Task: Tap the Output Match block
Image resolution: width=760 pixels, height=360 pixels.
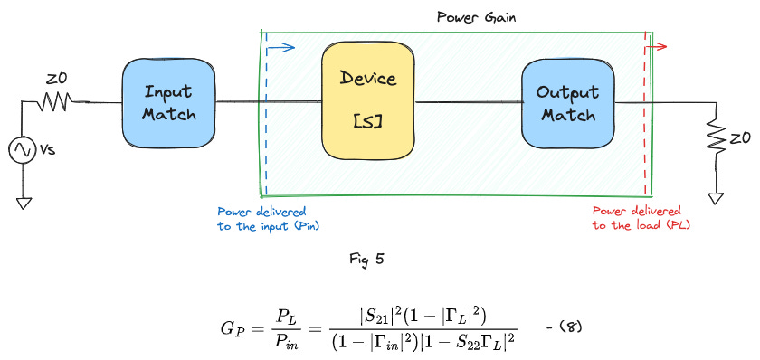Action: pos(566,103)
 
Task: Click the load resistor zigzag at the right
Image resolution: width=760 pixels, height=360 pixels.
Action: pos(717,141)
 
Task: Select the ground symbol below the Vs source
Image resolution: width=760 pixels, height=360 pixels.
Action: pos(24,202)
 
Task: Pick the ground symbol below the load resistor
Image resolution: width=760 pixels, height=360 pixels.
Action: pos(717,197)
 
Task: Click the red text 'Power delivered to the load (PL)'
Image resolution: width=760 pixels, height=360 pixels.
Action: pos(638,218)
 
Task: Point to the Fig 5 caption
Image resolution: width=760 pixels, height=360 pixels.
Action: pos(366,259)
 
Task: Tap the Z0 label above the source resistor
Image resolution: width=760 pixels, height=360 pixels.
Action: pos(53,80)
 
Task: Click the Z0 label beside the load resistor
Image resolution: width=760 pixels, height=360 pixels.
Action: pos(741,139)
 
